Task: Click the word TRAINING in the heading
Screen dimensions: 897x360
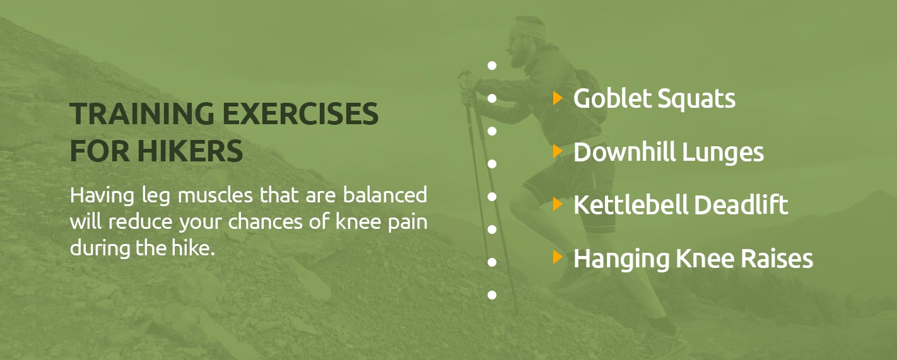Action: [x=142, y=113]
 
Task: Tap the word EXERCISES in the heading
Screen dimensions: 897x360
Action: [x=300, y=113]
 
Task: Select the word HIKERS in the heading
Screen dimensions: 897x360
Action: [x=190, y=151]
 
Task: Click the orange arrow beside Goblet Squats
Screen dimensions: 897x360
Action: [x=558, y=98]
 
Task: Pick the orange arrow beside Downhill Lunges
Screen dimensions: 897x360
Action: [x=558, y=151]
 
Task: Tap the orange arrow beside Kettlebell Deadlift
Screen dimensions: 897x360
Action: [x=558, y=204]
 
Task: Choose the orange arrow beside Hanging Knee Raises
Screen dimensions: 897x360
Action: [x=558, y=257]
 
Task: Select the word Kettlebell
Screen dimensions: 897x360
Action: [x=631, y=205]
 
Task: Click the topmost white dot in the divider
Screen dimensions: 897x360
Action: [x=492, y=66]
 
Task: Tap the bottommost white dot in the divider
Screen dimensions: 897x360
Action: [x=492, y=295]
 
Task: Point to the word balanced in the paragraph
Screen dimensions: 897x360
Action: [x=385, y=195]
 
